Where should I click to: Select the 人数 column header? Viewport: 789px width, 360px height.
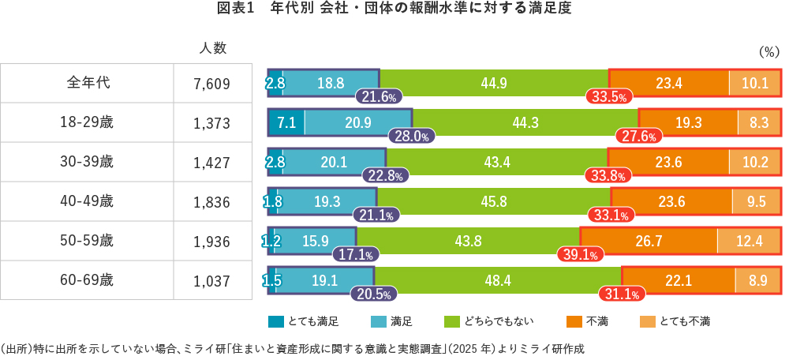click(212, 48)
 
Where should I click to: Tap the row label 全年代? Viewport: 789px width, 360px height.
click(87, 82)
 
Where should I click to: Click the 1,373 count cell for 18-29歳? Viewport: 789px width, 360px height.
click(212, 122)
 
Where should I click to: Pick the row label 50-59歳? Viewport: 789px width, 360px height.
click(87, 241)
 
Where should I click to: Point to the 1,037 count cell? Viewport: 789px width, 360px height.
click(212, 280)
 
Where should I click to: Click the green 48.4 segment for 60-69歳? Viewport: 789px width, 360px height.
click(498, 280)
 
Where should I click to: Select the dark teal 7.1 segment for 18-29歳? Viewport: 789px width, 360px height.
click(286, 122)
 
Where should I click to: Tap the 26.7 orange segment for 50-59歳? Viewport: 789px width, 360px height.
click(648, 241)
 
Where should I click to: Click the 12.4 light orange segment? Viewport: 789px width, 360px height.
click(749, 241)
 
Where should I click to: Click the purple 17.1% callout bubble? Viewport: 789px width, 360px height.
click(356, 255)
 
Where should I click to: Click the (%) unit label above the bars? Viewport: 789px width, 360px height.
click(768, 52)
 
